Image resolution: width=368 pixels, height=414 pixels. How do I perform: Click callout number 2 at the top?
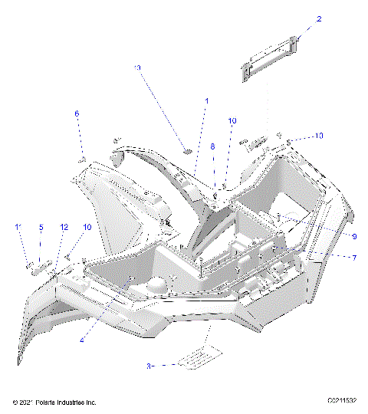coord(297,18)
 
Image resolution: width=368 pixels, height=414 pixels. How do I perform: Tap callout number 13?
coord(137,68)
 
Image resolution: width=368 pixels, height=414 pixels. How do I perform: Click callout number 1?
coord(205,101)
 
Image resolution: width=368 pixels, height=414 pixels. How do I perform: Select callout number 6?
coord(77,113)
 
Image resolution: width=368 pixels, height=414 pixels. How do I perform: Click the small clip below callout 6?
coord(81,159)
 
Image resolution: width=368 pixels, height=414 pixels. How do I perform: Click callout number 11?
coord(18,227)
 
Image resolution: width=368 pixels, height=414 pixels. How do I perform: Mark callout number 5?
coord(41,227)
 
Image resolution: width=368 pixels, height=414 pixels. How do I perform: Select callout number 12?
coord(64,227)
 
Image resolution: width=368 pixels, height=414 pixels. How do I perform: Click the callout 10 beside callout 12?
coord(87,227)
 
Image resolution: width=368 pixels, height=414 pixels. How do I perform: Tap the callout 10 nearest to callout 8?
coord(232,121)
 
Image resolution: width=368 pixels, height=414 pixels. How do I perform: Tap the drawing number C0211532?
coord(342,401)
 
